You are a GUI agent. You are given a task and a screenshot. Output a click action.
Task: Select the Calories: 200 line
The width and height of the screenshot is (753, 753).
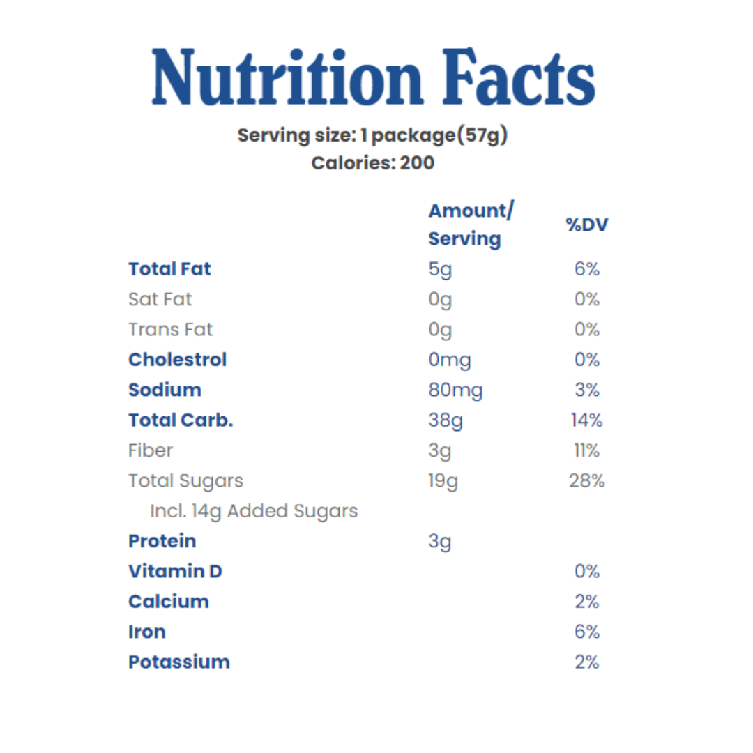tap(372, 163)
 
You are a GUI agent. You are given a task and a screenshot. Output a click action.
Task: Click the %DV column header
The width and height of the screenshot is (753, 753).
tap(586, 225)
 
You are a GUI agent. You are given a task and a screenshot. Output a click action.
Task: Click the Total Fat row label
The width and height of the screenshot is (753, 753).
tap(169, 269)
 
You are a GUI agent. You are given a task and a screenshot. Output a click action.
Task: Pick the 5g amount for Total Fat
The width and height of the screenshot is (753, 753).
tap(440, 270)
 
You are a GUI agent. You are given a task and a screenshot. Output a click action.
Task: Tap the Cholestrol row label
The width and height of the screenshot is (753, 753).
tap(177, 360)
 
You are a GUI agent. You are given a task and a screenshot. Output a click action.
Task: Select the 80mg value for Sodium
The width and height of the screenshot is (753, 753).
tap(455, 390)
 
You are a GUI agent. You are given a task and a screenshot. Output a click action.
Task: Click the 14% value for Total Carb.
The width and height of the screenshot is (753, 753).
tap(586, 420)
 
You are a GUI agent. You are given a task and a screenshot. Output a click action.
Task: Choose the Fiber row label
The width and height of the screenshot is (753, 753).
tap(150, 450)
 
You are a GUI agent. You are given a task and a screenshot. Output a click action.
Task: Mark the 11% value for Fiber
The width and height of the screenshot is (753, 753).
tap(586, 451)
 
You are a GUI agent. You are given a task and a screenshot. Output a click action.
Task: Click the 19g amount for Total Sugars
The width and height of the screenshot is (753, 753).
tap(443, 481)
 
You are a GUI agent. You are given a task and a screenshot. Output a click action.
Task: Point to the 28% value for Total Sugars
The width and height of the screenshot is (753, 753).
tap(586, 481)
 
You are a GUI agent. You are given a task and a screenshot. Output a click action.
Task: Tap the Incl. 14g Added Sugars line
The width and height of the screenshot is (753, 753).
tap(254, 511)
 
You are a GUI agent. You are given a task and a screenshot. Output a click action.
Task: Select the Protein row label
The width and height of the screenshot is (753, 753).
tap(162, 541)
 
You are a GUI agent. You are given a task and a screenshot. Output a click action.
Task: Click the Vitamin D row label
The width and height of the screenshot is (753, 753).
tap(175, 572)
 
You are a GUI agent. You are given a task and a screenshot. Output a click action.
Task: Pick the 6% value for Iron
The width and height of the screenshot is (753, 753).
tap(586, 632)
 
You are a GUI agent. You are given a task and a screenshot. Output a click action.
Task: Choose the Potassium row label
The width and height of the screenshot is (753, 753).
tap(178, 662)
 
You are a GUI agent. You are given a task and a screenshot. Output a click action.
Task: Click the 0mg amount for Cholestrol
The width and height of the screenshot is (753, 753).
tap(450, 360)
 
